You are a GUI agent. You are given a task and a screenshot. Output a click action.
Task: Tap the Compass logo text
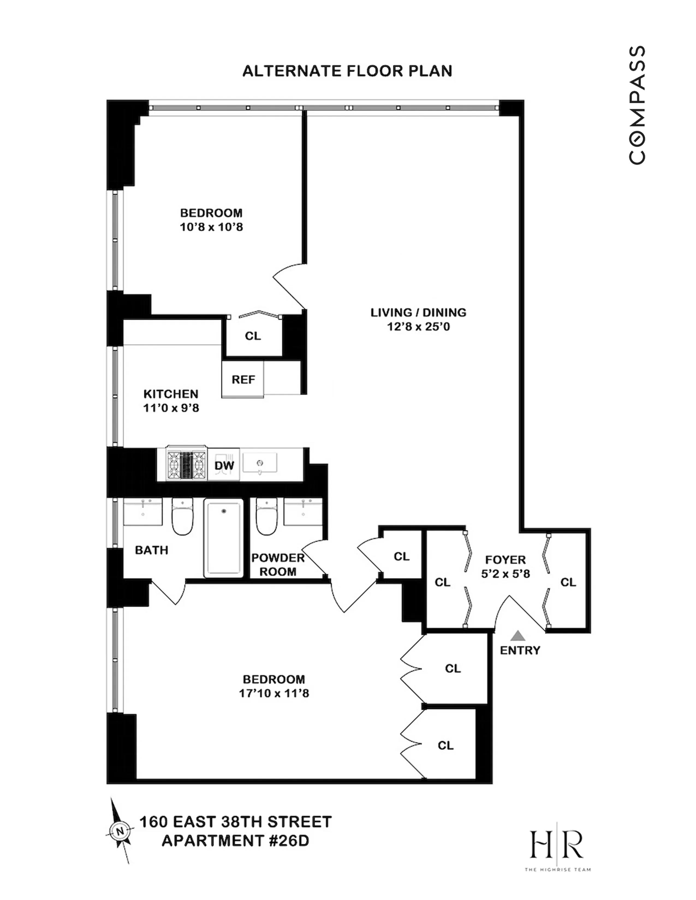click(637, 105)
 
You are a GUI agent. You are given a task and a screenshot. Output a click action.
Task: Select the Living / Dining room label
click(418, 319)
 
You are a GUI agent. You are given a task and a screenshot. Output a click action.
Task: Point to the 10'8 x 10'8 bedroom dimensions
click(211, 227)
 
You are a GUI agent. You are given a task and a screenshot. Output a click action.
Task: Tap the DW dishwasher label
click(224, 466)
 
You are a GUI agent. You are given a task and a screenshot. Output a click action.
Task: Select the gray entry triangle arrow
click(518, 636)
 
